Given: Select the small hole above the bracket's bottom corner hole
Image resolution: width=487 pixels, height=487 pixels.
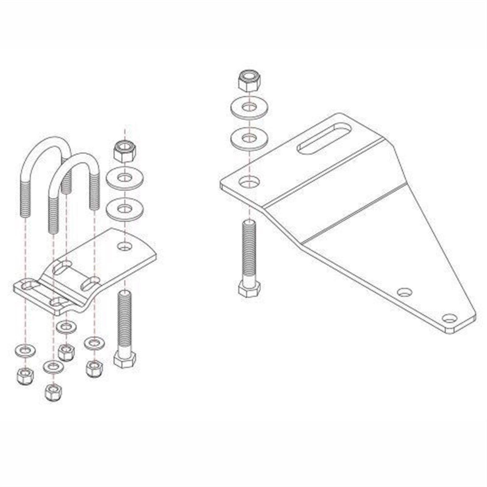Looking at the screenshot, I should click(404, 292).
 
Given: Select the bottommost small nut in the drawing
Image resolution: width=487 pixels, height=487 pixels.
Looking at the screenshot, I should click(52, 392).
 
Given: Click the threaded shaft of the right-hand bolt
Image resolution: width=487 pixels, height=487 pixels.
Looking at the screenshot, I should click(249, 250).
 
